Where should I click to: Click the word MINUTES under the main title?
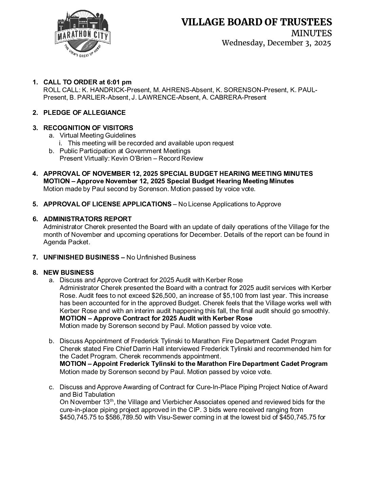pos(311,33)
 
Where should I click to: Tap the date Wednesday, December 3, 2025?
pos(276,43)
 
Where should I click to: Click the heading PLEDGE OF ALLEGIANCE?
pos(84,112)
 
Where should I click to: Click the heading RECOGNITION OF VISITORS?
pos(88,128)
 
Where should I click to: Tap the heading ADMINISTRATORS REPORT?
pos(88,219)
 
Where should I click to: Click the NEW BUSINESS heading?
pos(69,272)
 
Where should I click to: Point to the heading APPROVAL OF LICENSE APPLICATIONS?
pos(107,204)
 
